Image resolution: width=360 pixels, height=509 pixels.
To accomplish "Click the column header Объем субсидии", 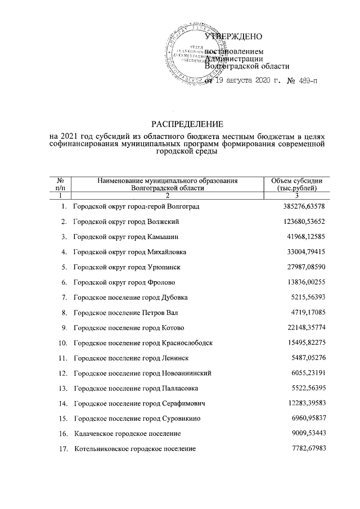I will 296,181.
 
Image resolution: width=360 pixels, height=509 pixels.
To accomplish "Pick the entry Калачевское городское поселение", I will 127,433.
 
